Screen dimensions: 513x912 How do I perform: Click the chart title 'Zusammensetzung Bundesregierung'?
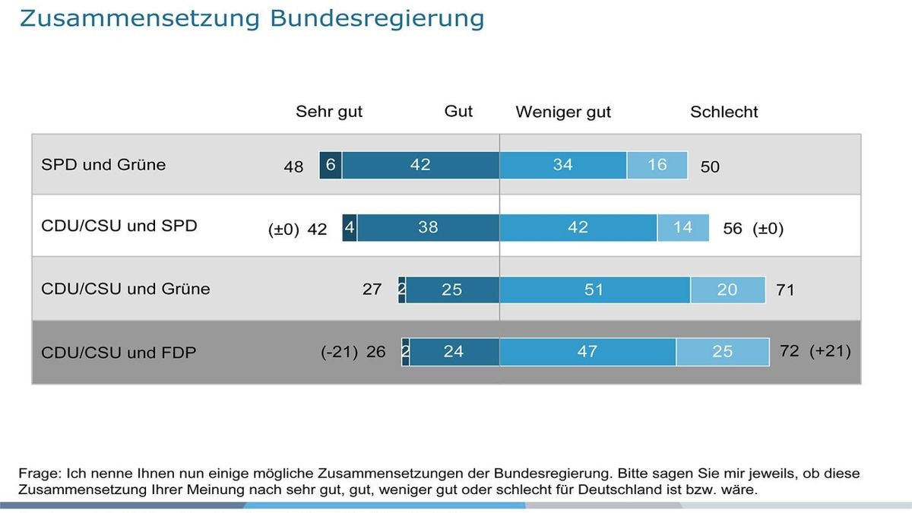251,18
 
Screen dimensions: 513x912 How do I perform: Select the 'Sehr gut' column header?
329,112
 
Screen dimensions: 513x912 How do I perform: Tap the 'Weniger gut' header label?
563,112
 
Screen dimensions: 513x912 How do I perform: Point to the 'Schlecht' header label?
724,112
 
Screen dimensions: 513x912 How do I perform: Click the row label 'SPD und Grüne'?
103,165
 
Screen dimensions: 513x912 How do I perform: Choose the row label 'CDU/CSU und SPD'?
119,226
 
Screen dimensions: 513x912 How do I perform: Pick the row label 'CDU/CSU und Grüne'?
125,289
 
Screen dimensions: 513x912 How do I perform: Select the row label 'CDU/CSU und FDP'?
119,352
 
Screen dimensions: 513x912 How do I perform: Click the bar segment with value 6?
331,165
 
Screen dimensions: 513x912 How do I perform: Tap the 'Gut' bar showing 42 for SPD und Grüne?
420,165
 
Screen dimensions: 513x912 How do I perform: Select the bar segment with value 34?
562,165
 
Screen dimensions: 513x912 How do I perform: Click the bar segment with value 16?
657,165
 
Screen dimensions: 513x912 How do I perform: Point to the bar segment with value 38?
428,227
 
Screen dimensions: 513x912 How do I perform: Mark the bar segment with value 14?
682,227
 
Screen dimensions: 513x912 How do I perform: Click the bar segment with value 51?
594,290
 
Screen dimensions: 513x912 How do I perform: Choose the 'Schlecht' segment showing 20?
727,290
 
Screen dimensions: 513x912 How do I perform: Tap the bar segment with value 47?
587,352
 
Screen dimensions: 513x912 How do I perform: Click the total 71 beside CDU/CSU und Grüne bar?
784,290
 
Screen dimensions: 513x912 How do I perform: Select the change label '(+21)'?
830,351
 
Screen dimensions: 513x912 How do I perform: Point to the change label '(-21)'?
339,352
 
